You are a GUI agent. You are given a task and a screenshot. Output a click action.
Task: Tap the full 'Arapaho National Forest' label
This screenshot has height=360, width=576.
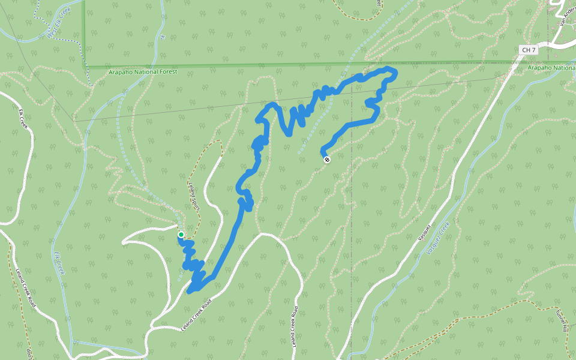143,72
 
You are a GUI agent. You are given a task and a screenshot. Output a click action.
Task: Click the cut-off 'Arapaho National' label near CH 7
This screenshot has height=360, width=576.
551,68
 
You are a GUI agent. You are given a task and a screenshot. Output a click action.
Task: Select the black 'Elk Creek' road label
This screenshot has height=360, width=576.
23,119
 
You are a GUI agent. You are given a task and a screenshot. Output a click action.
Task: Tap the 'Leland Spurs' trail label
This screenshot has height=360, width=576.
193,193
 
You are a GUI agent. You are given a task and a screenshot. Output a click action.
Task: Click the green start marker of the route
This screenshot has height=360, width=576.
181,234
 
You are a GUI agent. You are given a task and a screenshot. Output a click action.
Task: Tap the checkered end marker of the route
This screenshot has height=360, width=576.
327,160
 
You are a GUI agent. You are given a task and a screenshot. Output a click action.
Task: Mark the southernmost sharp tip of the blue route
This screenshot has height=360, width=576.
190,292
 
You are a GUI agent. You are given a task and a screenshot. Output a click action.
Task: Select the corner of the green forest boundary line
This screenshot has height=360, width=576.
85,66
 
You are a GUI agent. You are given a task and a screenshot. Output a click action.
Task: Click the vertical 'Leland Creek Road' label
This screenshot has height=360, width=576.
295,327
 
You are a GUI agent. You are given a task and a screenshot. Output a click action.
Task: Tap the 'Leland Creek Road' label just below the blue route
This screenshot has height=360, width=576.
197,316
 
